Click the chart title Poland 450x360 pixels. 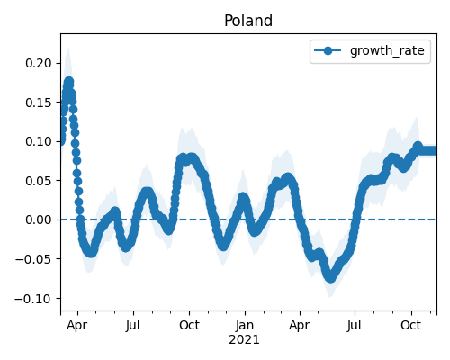coord(248,21)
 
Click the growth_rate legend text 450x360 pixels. coord(387,50)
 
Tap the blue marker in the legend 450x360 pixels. coord(328,50)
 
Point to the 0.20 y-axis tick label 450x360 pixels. coord(39,63)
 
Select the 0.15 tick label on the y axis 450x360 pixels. coord(39,103)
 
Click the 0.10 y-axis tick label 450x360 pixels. coord(39,141)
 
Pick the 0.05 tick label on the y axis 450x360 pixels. coord(39,181)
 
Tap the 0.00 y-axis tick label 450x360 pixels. coord(39,220)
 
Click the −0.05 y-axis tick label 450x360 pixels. coord(33,259)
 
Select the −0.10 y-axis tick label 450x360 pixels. coord(33,299)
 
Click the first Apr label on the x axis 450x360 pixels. coord(77,326)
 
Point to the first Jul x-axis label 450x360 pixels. coord(132,325)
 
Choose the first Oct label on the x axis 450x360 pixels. coord(189,325)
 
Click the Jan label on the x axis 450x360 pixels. coord(245,325)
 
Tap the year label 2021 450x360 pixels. coord(244,340)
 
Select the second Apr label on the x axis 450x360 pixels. coord(300,326)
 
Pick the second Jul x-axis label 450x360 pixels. coord(355,325)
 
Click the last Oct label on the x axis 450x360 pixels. coord(411,325)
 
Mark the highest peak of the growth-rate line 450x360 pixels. coord(69,82)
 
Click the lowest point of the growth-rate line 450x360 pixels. coord(330,278)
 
